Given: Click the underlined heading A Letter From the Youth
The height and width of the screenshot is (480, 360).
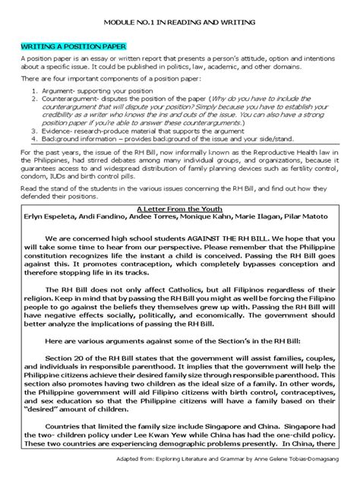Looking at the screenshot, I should coord(180,206).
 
